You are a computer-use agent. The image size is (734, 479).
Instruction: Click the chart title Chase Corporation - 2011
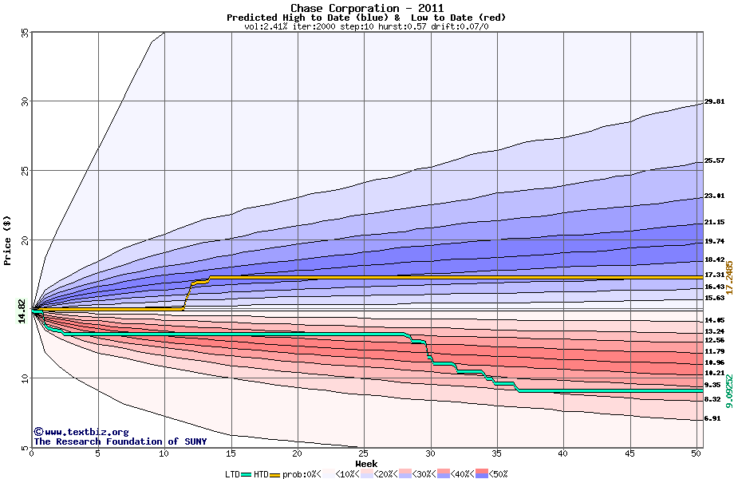(366, 8)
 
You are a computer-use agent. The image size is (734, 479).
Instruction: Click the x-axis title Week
(366, 463)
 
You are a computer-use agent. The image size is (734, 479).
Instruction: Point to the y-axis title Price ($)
(8, 239)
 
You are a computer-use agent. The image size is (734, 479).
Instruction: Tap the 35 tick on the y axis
(25, 33)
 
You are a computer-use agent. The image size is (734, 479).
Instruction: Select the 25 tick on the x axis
(364, 453)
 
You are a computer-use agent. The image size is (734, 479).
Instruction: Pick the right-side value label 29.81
(714, 102)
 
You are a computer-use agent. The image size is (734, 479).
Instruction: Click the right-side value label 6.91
(712, 418)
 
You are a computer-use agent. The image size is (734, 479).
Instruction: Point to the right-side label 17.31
(714, 275)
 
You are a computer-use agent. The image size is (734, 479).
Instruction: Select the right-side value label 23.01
(714, 196)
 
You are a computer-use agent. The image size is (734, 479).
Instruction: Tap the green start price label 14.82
(22, 311)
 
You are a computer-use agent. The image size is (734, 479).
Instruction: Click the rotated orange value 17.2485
(728, 277)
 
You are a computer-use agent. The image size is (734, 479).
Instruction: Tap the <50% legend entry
(496, 473)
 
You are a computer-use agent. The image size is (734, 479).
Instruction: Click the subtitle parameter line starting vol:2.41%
(366, 26)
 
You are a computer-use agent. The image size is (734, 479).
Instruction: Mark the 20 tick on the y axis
(25, 239)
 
